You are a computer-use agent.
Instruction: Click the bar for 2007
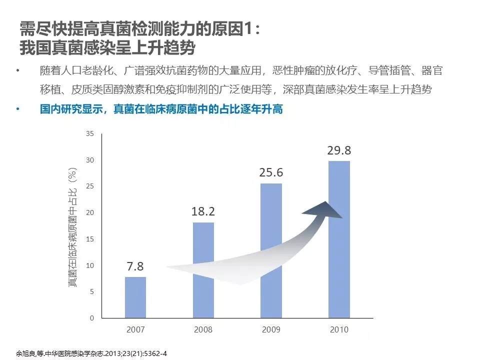(x=135, y=297)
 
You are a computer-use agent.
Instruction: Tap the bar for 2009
(x=271, y=250)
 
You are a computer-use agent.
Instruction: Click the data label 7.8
(x=135, y=266)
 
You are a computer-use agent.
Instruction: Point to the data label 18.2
(x=203, y=211)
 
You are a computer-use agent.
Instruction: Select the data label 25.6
(x=271, y=172)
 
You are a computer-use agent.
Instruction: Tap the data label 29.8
(x=339, y=150)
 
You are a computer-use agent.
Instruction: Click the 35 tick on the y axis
(x=90, y=134)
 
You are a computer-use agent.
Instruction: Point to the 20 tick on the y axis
(x=90, y=213)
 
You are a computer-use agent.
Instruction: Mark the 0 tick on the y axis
(x=91, y=318)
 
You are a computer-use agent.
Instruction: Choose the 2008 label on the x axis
(x=203, y=329)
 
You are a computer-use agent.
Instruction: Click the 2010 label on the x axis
(x=339, y=329)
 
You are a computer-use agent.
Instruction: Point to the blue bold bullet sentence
(x=161, y=109)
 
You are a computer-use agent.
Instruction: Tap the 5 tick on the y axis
(x=91, y=291)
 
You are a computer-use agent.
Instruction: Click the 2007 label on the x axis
(x=135, y=329)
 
